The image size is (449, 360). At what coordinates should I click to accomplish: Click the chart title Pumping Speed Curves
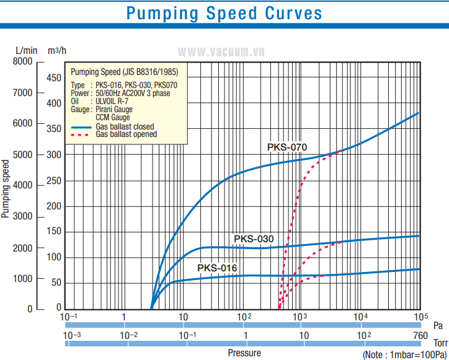(x=224, y=14)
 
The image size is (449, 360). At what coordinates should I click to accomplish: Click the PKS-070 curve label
(x=287, y=147)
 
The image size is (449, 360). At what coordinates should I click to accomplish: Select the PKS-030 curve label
(x=254, y=239)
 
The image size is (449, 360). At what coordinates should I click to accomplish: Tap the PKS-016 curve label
(x=217, y=268)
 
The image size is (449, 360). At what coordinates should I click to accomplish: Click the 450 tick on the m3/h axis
(x=54, y=77)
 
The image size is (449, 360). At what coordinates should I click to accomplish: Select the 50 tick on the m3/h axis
(x=56, y=283)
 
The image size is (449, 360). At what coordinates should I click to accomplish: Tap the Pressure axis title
(x=244, y=353)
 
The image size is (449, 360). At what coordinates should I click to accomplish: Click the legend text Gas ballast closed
(x=125, y=126)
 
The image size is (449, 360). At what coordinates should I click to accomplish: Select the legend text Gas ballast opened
(x=126, y=134)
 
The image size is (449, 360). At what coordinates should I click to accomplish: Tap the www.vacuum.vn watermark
(x=223, y=52)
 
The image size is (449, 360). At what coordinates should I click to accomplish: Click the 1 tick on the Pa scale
(x=124, y=317)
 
